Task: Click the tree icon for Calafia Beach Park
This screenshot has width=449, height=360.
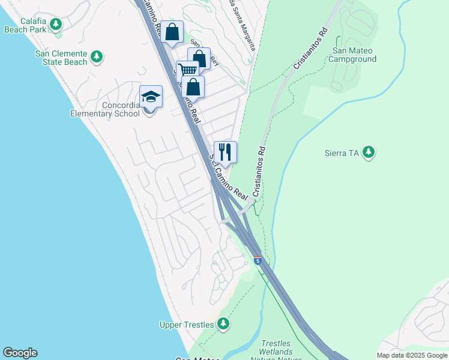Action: [x=56, y=24]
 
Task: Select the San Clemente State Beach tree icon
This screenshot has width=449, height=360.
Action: [x=97, y=58]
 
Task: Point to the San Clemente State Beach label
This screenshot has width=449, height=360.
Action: [x=61, y=58]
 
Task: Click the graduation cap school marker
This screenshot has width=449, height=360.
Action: [x=151, y=97]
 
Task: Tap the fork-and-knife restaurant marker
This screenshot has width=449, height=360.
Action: [x=225, y=152]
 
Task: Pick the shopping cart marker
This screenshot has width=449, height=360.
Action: [x=187, y=70]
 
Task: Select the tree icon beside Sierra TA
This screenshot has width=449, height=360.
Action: [x=369, y=153]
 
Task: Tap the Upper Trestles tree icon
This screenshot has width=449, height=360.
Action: [x=223, y=325]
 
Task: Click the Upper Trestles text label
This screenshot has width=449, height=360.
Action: [x=187, y=325]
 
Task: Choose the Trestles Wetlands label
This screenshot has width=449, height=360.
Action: [x=276, y=352]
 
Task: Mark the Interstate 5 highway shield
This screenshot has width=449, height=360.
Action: [x=258, y=261]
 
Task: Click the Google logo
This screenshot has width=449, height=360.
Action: [x=20, y=353]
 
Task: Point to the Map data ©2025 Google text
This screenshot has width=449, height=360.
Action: [x=411, y=355]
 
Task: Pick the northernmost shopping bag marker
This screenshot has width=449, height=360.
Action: [x=172, y=31]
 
